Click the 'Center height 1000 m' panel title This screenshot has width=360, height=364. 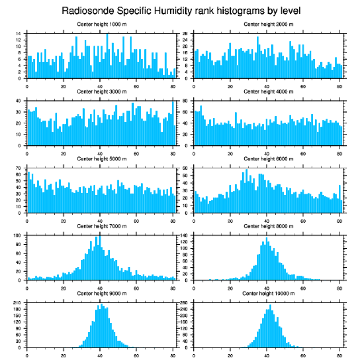[x=101, y=24]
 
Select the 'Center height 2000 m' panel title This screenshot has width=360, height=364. [x=268, y=24]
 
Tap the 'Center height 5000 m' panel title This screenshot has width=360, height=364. [x=101, y=159]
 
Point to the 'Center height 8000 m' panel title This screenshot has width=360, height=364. [x=268, y=226]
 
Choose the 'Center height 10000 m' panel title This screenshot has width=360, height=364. [x=268, y=293]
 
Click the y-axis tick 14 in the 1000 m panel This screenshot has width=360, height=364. [x=19, y=34]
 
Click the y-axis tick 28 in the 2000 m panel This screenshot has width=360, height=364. [x=186, y=34]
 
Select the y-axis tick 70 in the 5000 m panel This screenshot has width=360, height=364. [x=19, y=168]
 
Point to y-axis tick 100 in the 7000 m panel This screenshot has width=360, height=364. [x=18, y=235]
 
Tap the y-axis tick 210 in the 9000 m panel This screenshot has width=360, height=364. [x=18, y=303]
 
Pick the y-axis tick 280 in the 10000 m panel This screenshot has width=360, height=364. [x=184, y=303]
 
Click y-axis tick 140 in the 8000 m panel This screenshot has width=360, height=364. [x=184, y=235]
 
